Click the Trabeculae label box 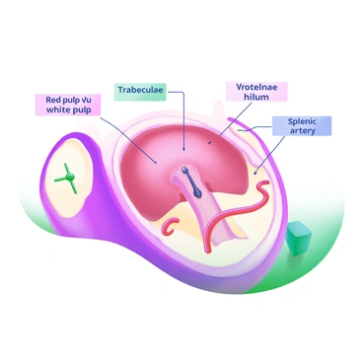(x=143, y=90)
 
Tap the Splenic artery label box (x=302, y=125)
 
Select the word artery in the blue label (x=302, y=131)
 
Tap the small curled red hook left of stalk (x=170, y=228)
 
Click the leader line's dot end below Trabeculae (x=184, y=150)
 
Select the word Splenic (x=302, y=120)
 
